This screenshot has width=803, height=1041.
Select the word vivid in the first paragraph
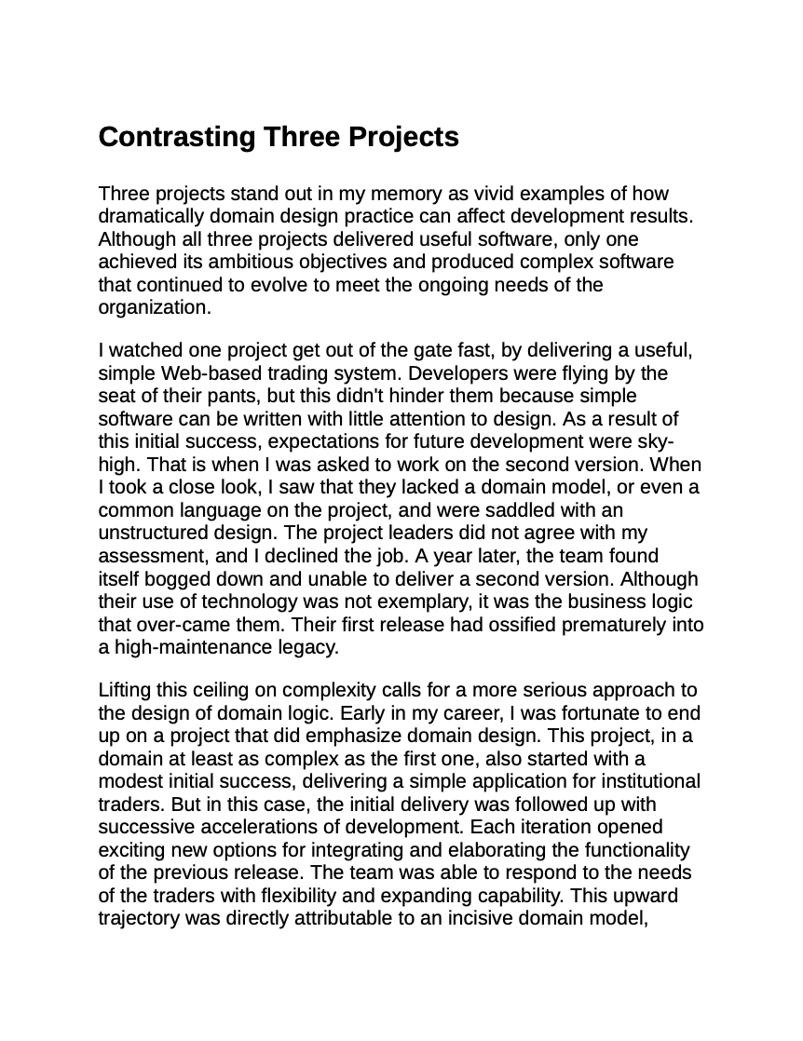tap(487, 194)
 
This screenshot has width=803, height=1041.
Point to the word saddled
tap(516, 510)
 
